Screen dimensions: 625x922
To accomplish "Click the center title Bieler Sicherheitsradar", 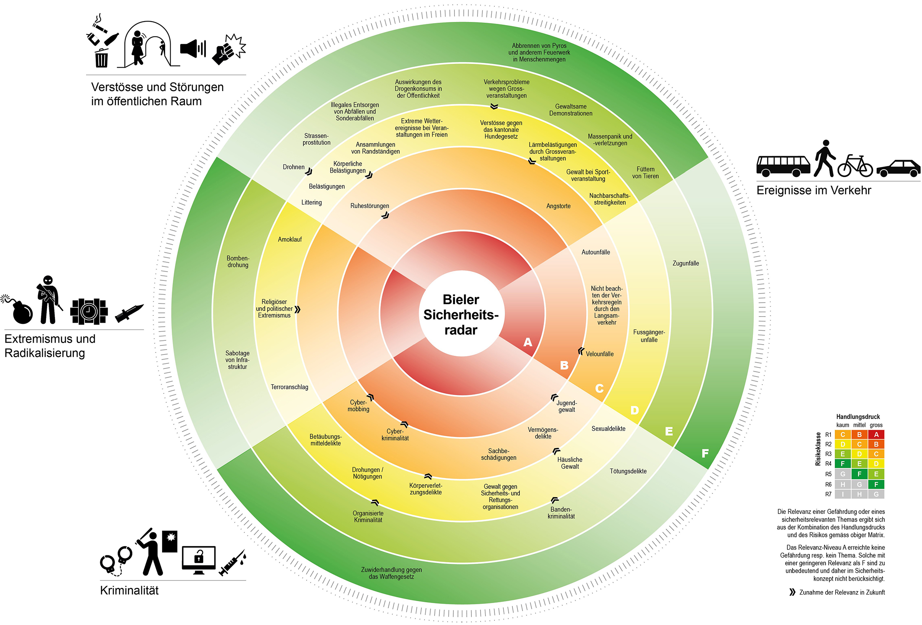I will [461, 315].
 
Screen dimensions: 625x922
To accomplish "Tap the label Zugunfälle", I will [686, 263].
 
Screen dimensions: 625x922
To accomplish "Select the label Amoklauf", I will [290, 240].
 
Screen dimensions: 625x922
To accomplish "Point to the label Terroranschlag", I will [289, 387].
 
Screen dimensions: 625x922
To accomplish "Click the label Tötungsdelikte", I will [628, 471].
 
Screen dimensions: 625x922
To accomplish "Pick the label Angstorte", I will [558, 206].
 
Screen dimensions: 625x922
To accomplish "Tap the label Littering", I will [312, 203].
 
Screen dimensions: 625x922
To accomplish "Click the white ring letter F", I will [705, 453].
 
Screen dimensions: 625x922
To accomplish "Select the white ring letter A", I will [527, 342].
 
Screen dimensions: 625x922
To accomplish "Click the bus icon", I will [783, 166].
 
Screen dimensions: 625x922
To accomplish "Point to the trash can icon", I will [101, 58].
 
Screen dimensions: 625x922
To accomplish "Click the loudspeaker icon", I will [193, 48].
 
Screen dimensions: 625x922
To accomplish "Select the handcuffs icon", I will [116, 560].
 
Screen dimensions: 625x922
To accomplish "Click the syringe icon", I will [232, 562].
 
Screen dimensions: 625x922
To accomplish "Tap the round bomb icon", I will [21, 310].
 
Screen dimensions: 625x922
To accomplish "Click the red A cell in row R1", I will [876, 434].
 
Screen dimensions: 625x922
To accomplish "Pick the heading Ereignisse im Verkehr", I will [813, 190].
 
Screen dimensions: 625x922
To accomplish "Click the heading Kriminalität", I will [129, 590].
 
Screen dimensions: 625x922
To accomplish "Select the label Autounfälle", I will [595, 252].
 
